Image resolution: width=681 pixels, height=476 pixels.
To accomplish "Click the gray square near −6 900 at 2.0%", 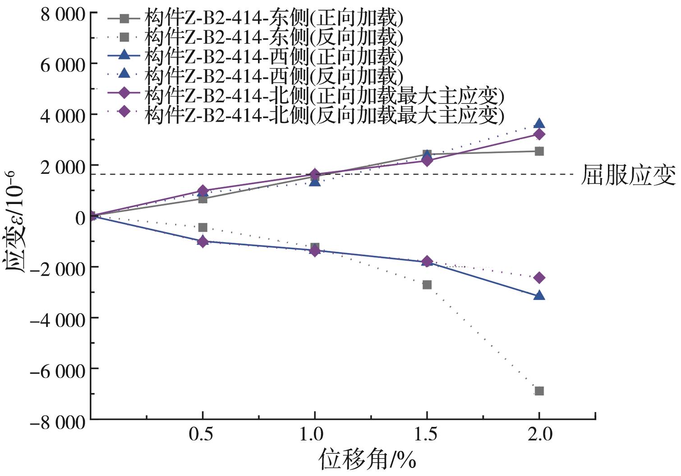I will (x=539, y=391).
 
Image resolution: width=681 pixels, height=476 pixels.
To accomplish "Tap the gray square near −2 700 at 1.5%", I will (x=427, y=285).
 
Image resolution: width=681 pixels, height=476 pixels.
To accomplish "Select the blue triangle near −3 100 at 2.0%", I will (x=539, y=295).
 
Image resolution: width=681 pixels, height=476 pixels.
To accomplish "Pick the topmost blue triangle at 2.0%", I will (x=539, y=123).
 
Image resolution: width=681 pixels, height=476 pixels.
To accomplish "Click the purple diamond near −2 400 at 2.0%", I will (x=539, y=278).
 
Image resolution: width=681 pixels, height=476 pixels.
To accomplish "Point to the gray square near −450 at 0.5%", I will (x=203, y=227).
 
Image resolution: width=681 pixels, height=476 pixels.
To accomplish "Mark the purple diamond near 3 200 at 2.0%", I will (x=539, y=134).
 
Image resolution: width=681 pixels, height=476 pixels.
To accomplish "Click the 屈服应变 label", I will (x=628, y=175).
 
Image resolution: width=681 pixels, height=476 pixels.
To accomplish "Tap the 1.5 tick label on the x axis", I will (x=426, y=435).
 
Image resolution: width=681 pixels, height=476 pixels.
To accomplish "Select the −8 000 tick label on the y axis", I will (x=57, y=422).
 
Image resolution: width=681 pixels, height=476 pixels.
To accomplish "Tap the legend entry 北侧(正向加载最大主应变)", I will (x=324, y=95).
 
